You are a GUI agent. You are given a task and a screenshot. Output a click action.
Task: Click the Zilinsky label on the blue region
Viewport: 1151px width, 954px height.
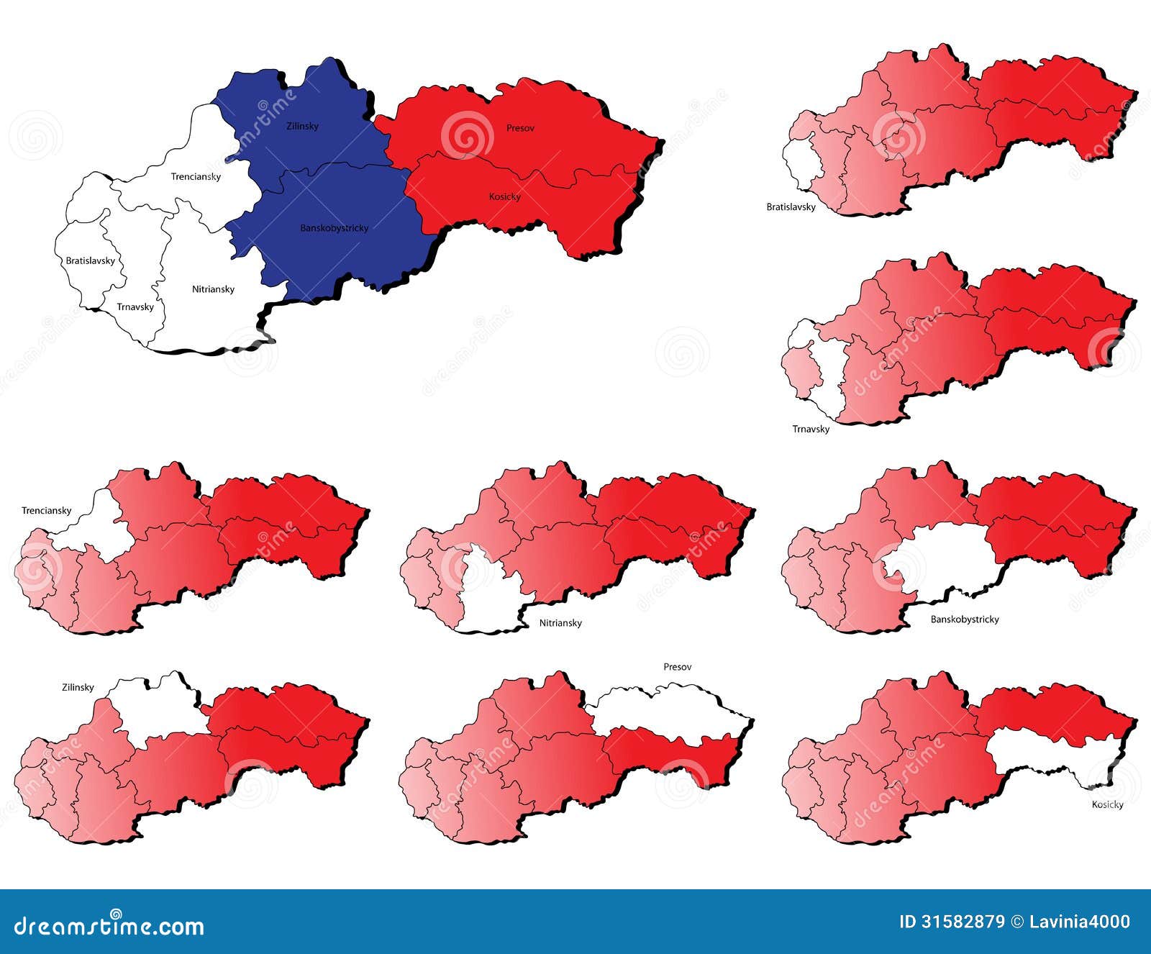301,127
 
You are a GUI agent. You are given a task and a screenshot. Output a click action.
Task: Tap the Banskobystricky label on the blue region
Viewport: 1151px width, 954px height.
334,228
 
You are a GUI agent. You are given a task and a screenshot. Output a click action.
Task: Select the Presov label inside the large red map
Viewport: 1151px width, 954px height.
520,128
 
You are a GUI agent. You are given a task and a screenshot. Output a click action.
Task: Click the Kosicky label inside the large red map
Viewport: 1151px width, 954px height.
504,196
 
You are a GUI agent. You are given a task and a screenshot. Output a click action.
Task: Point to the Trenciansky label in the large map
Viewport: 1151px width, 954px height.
196,176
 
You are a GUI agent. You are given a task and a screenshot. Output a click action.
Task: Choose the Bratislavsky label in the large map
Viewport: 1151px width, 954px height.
90,260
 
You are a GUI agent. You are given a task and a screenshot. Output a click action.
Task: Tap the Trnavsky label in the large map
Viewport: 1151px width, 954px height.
135,306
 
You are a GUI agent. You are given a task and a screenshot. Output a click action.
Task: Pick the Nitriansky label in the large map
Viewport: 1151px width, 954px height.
213,289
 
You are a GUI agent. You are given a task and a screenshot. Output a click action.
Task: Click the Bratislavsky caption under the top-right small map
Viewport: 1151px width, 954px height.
791,207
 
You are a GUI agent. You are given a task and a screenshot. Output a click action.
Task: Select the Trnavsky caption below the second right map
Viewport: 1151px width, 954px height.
811,429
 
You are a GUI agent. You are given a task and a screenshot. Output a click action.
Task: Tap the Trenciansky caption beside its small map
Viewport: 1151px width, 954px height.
46,511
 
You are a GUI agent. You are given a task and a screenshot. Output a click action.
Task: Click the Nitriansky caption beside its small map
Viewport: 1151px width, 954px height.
560,623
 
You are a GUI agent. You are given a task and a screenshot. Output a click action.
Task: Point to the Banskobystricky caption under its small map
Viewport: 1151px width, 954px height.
965,619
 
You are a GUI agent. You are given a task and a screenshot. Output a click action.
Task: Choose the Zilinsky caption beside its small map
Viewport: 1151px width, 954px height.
77,687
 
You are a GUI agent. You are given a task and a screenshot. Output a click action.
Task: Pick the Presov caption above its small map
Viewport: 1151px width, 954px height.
677,667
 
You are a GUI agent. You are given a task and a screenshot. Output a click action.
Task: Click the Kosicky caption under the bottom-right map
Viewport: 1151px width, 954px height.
1107,804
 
